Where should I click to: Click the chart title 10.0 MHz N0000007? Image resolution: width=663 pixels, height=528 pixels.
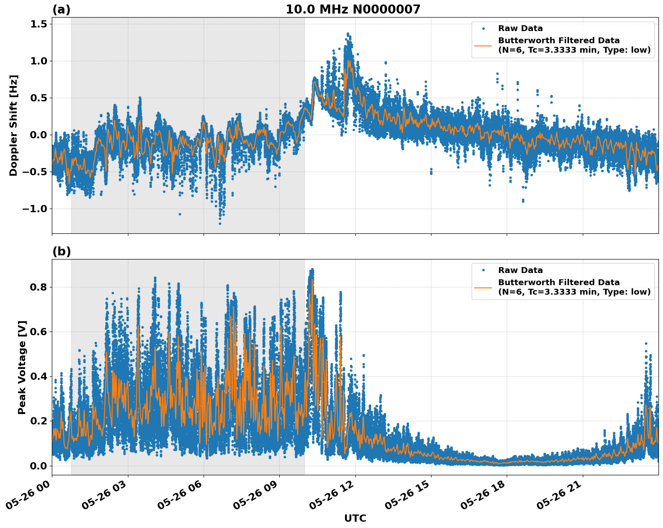[353, 9]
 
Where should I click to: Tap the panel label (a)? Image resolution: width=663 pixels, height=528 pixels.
[61, 9]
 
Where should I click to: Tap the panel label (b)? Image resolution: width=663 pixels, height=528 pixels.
[61, 251]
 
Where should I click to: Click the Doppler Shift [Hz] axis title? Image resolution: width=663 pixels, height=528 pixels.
[14, 125]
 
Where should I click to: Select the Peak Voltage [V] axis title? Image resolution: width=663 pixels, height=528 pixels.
[22, 367]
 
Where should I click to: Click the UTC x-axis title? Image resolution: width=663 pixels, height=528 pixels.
[355, 518]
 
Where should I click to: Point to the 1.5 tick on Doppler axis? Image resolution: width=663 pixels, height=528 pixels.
[38, 24]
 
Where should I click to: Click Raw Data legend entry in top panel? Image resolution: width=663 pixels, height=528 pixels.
[520, 28]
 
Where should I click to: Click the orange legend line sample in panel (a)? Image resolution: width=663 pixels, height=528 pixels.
[483, 45]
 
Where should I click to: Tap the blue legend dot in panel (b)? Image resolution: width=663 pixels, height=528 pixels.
[483, 270]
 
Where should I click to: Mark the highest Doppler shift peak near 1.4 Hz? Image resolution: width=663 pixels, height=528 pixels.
[348, 34]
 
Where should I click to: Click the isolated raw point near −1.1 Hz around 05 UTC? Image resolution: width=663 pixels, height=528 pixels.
[180, 214]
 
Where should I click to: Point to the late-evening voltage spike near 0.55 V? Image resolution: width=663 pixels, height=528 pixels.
[645, 344]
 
